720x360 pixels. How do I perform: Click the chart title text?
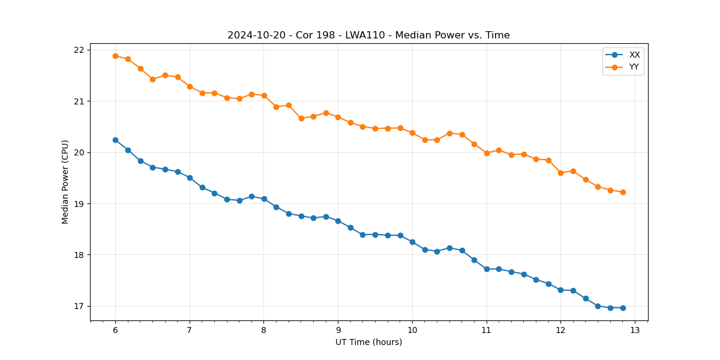[368, 35]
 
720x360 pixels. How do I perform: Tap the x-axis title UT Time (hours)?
[368, 342]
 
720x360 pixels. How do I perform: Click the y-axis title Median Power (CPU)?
[65, 182]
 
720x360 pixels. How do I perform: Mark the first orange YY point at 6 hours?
[115, 56]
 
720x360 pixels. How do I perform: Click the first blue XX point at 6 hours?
[115, 140]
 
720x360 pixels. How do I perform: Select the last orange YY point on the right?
[623, 192]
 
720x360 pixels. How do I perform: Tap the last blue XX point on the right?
[623, 308]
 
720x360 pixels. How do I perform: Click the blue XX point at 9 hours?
[338, 221]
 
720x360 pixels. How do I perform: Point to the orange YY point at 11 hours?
[487, 153]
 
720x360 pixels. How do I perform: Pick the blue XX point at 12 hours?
[560, 290]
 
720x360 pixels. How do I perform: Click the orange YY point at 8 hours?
[264, 95]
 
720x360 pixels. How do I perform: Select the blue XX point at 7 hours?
[190, 178]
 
